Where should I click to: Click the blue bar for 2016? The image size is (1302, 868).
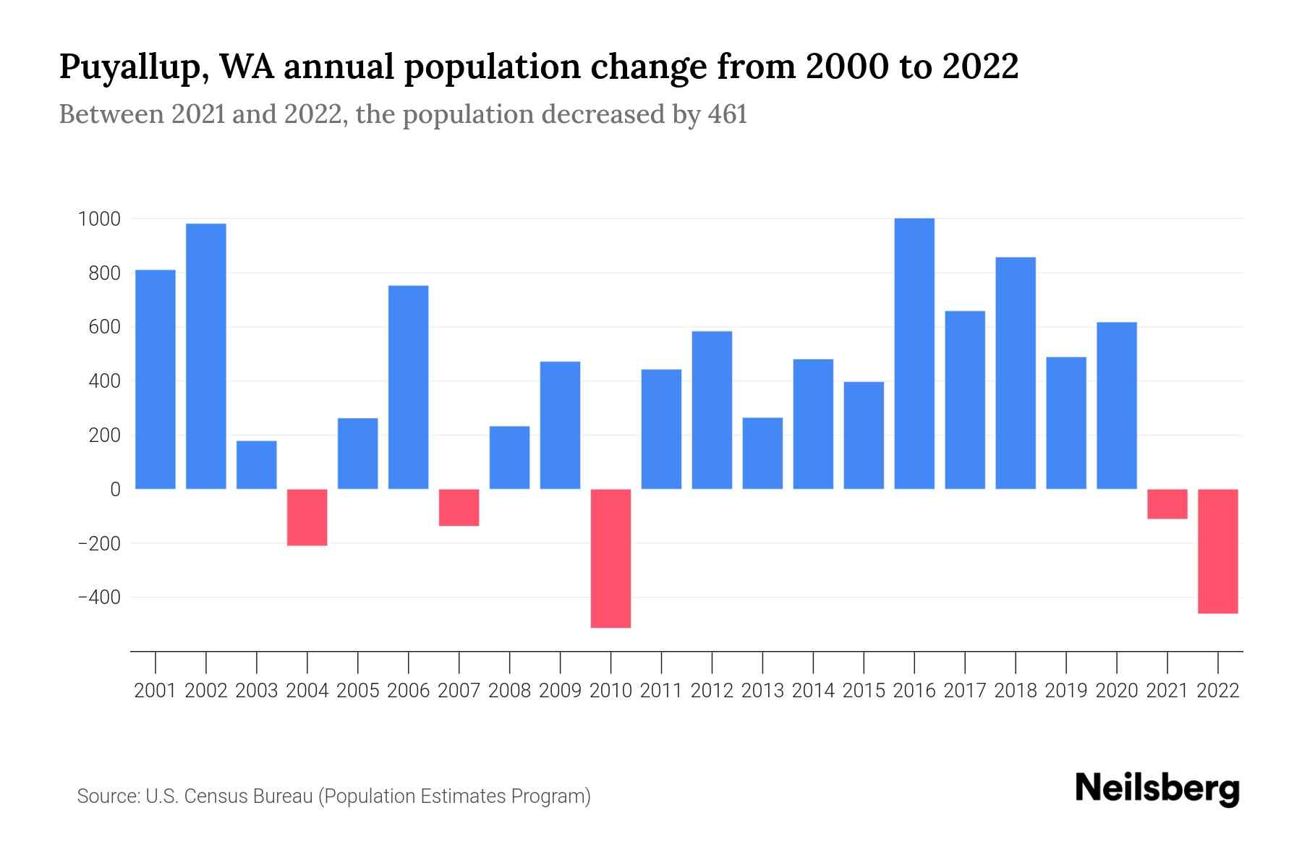tap(914, 354)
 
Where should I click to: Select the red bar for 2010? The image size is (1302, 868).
tap(610, 558)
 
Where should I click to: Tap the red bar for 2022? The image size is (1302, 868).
tap(1218, 551)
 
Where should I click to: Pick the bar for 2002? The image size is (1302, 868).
tap(206, 356)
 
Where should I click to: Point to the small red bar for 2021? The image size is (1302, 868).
tap(1167, 504)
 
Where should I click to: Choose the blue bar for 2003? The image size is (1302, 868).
tap(257, 464)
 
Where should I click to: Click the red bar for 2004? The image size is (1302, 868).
tap(307, 517)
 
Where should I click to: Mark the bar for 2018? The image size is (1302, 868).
tap(1016, 373)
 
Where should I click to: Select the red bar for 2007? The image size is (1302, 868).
tap(459, 507)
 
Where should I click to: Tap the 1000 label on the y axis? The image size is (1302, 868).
tap(99, 219)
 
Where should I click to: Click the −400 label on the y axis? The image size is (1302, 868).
tap(99, 597)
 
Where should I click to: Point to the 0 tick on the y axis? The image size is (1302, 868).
tap(115, 490)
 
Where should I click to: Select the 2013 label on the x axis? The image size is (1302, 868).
tap(762, 691)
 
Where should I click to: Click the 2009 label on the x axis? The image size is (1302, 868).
tap(560, 691)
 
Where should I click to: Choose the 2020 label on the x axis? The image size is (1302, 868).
tap(1117, 691)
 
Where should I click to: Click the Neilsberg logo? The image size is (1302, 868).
tap(1157, 788)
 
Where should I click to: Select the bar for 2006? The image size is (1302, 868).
tap(408, 387)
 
